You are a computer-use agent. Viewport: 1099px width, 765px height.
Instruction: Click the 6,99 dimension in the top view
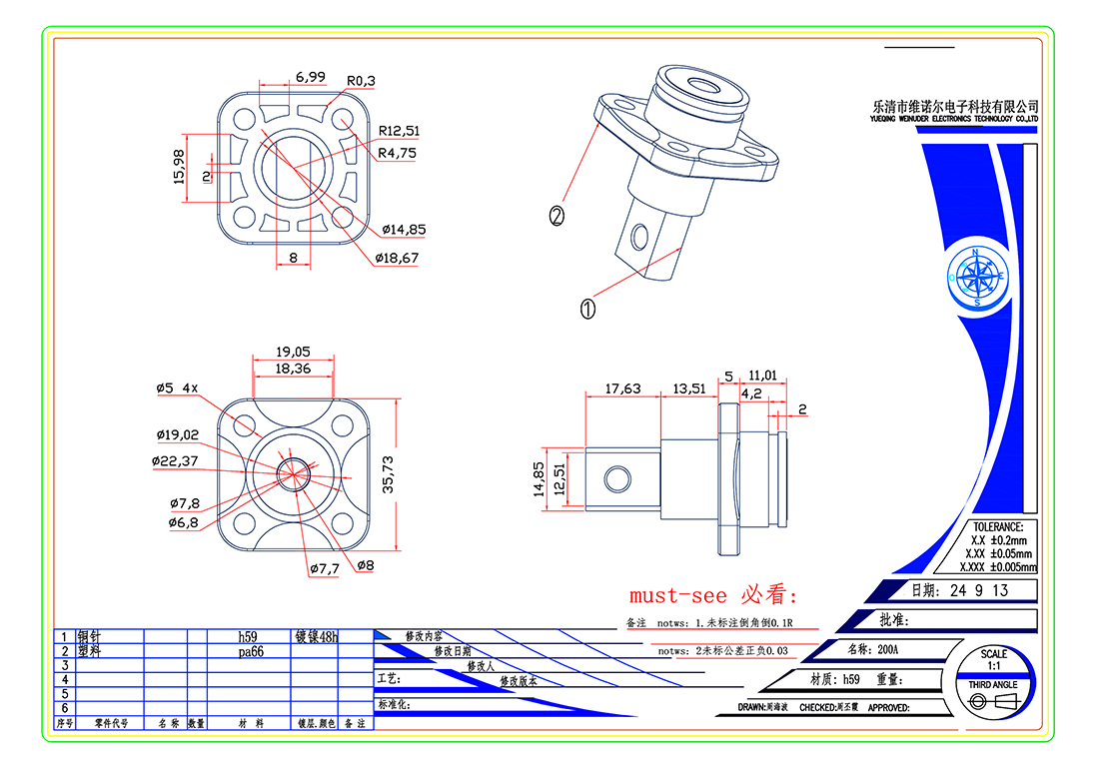pos(310,77)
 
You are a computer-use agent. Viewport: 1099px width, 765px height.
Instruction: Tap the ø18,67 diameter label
pos(397,258)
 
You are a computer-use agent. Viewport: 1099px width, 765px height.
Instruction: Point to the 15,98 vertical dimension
pos(180,167)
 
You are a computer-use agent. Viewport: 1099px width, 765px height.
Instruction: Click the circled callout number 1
pos(587,310)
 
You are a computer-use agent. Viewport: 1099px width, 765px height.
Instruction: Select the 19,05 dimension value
pos(293,352)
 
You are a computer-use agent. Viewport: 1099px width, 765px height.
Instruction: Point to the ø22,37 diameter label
pos(176,460)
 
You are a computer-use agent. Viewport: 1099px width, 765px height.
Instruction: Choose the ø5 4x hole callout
pos(177,387)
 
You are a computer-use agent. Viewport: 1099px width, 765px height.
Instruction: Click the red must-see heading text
pos(713,596)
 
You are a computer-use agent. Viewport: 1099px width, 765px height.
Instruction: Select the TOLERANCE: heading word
pos(996,526)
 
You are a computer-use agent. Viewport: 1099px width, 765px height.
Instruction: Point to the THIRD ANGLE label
pos(993,684)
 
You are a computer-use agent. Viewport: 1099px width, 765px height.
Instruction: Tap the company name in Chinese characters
pos(955,106)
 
